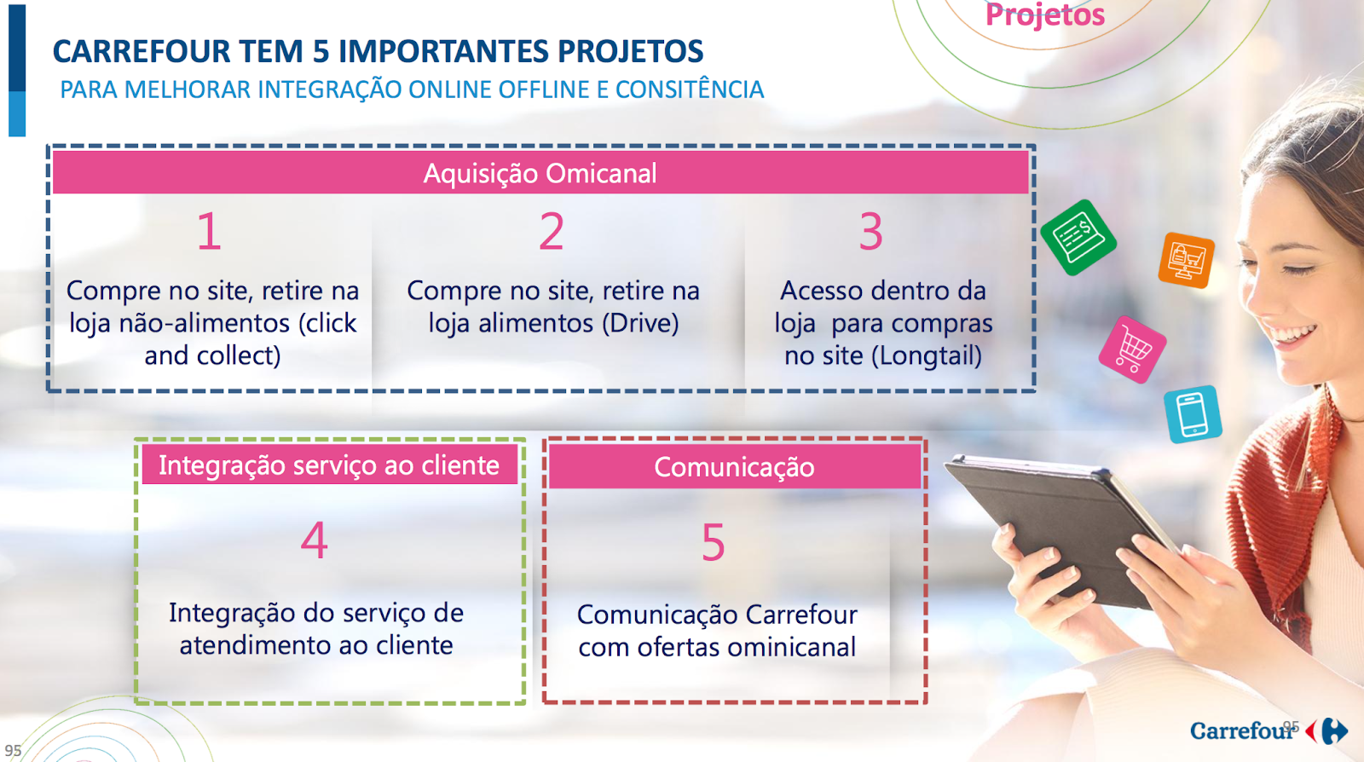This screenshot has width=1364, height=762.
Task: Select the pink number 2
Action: tap(552, 231)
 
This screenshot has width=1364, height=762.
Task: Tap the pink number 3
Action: tap(870, 231)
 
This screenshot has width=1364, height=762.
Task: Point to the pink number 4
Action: tap(315, 540)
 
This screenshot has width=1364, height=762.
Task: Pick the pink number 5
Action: tap(713, 542)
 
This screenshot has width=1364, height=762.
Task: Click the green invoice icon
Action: tap(1078, 237)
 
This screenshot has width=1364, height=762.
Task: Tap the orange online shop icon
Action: tap(1186, 261)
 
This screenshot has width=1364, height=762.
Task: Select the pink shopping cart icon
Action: tap(1133, 349)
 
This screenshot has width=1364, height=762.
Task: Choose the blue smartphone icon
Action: tap(1193, 414)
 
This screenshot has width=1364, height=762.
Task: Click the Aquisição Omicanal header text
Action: tap(540, 174)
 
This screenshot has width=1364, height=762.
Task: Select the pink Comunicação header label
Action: tap(734, 467)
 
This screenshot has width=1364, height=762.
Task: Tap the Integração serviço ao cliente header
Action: tap(329, 465)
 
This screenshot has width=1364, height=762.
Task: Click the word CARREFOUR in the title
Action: tap(142, 51)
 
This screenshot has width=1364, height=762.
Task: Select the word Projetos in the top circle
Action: tap(1045, 14)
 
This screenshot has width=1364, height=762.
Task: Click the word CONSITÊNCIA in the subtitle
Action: tap(690, 89)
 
